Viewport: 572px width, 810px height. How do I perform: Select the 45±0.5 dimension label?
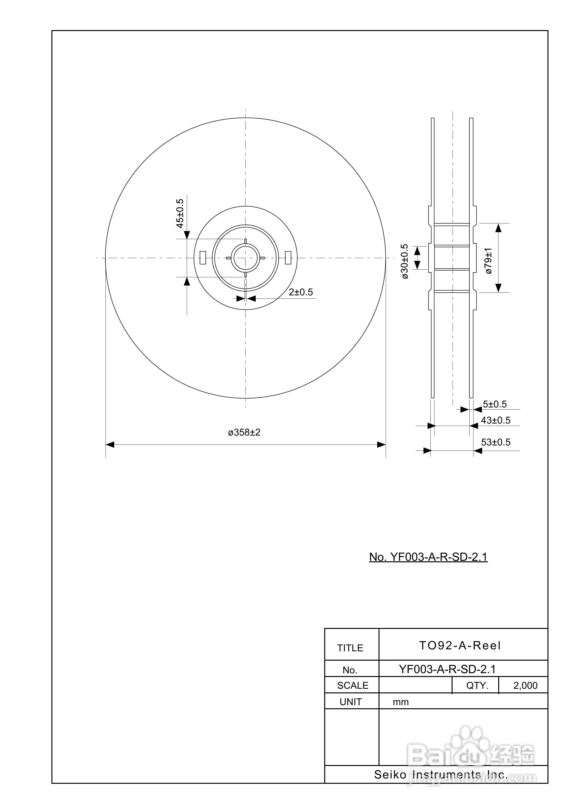[180, 213]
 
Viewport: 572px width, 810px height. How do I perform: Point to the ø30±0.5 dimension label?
[405, 261]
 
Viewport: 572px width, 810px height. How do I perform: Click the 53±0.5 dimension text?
[496, 442]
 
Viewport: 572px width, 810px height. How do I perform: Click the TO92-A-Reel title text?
[460, 645]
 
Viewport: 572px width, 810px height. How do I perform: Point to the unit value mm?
[401, 702]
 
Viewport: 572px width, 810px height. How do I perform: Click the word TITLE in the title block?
[350, 648]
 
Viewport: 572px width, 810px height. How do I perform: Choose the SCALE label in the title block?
[352, 685]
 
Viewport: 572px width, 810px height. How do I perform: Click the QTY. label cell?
[477, 685]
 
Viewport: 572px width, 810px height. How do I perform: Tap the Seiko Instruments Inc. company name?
[441, 775]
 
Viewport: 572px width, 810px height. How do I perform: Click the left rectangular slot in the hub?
[203, 258]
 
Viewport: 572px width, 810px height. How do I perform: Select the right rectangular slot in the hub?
[288, 258]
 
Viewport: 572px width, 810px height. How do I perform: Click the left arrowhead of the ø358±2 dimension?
[110, 444]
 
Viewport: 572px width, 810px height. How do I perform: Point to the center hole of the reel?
[245, 258]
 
